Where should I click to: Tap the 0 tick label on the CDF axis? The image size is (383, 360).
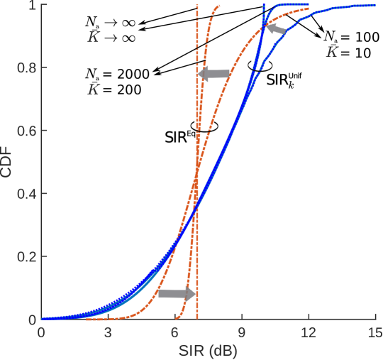coord(33,320)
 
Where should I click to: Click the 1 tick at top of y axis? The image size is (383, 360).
coord(33,6)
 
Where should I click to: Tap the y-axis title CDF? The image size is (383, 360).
coord(8,163)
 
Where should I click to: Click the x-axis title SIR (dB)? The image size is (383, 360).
coord(208,350)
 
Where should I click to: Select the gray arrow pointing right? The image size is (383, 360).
coord(176,293)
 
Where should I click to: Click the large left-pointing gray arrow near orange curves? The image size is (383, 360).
coord(214,73)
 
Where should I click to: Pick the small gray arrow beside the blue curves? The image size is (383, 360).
coord(277,30)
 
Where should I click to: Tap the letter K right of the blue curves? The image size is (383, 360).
coord(331,53)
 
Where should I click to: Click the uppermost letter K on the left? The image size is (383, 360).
coord(94,38)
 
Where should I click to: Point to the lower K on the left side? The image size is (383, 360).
coord(94,90)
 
